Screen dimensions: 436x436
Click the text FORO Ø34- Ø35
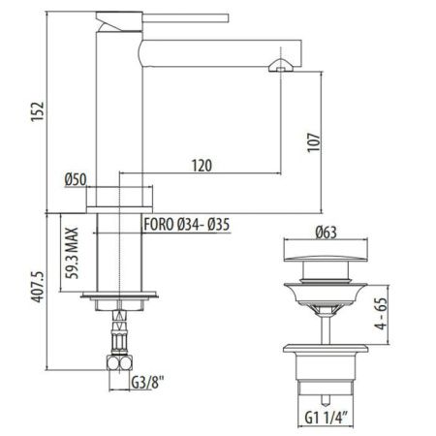191,226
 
